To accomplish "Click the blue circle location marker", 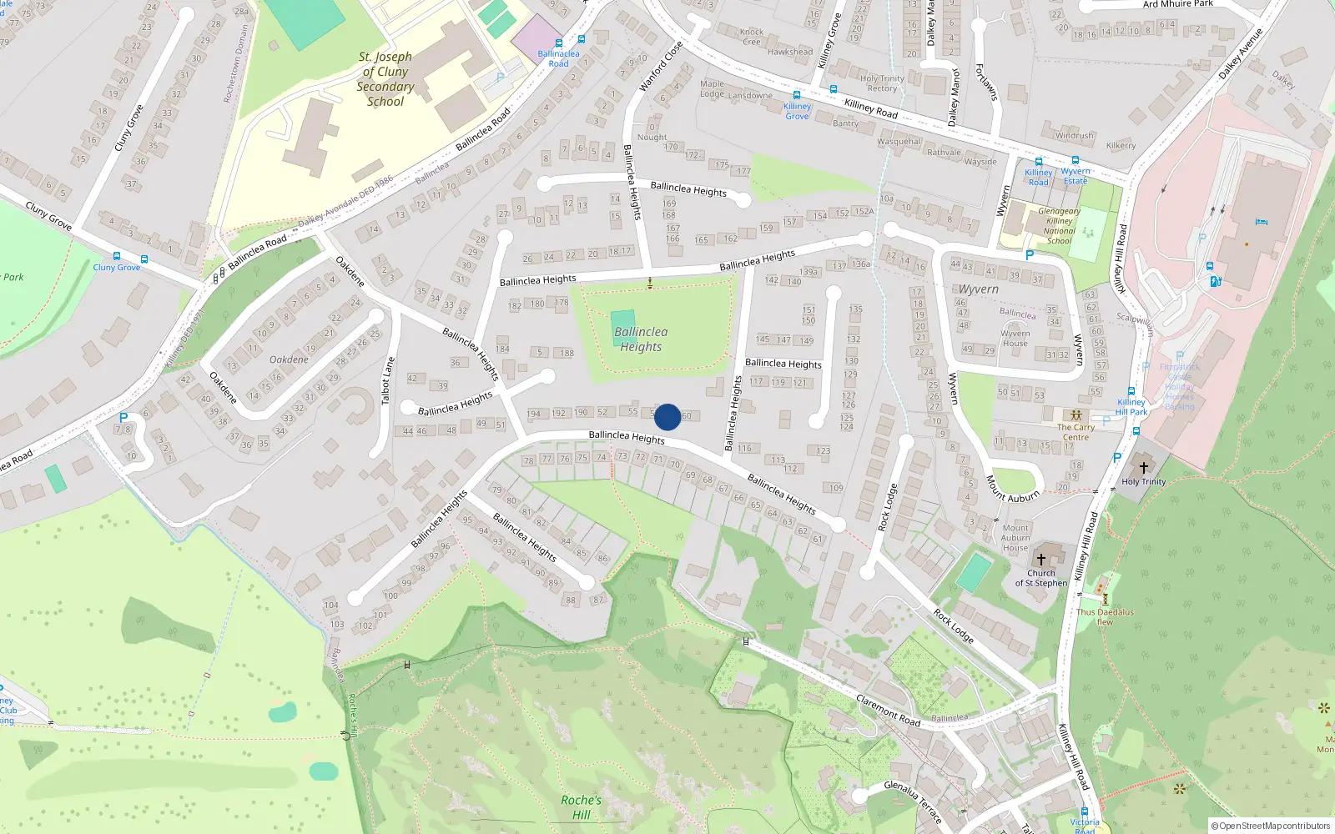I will click(667, 417).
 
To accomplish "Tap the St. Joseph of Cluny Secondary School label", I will click(385, 79).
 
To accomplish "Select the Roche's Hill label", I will click(581, 806).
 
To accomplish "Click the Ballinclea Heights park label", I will click(641, 339).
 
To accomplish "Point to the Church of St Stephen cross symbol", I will click(1040, 559).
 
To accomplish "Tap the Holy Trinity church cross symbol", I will click(1144, 467).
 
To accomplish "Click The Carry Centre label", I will click(1076, 432).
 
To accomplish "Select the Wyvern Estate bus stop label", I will click(1076, 176).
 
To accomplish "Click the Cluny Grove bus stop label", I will click(117, 268).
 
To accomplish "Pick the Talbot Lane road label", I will click(386, 381).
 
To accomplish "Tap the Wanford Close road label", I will click(661, 66).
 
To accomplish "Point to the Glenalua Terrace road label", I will click(913, 801).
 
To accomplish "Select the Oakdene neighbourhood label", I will click(289, 359).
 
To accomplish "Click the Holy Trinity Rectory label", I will click(882, 83).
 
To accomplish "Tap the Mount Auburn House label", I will click(1015, 538).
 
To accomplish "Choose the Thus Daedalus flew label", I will click(1105, 616).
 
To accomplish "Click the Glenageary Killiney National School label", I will click(1059, 226).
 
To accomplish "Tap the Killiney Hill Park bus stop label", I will click(1131, 407).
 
